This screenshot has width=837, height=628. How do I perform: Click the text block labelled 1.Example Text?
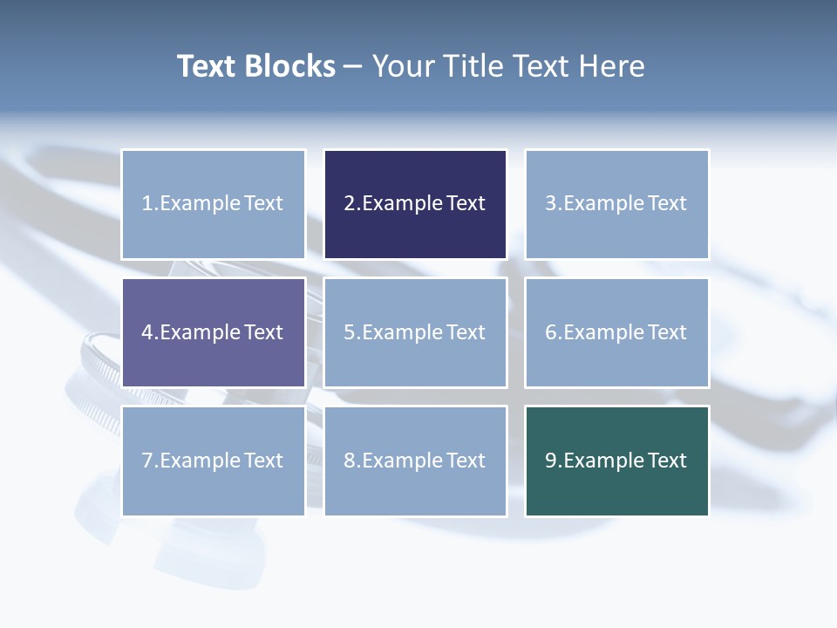(x=213, y=204)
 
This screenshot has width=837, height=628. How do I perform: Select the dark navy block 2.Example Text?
(x=415, y=204)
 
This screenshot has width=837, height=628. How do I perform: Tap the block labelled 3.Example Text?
(x=616, y=204)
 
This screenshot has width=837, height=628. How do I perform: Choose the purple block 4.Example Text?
(x=213, y=332)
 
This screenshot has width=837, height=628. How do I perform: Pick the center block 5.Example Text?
(x=415, y=332)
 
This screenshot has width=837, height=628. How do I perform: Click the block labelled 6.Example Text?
(x=616, y=332)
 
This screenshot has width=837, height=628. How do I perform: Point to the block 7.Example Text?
(x=213, y=461)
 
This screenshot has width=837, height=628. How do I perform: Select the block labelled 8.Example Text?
(x=415, y=461)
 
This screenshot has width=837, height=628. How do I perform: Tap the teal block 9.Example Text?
(x=616, y=461)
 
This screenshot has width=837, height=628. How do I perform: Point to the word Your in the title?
(x=401, y=66)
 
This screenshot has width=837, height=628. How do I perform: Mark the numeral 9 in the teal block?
(x=551, y=461)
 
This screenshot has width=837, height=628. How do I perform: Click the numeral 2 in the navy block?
(x=350, y=204)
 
